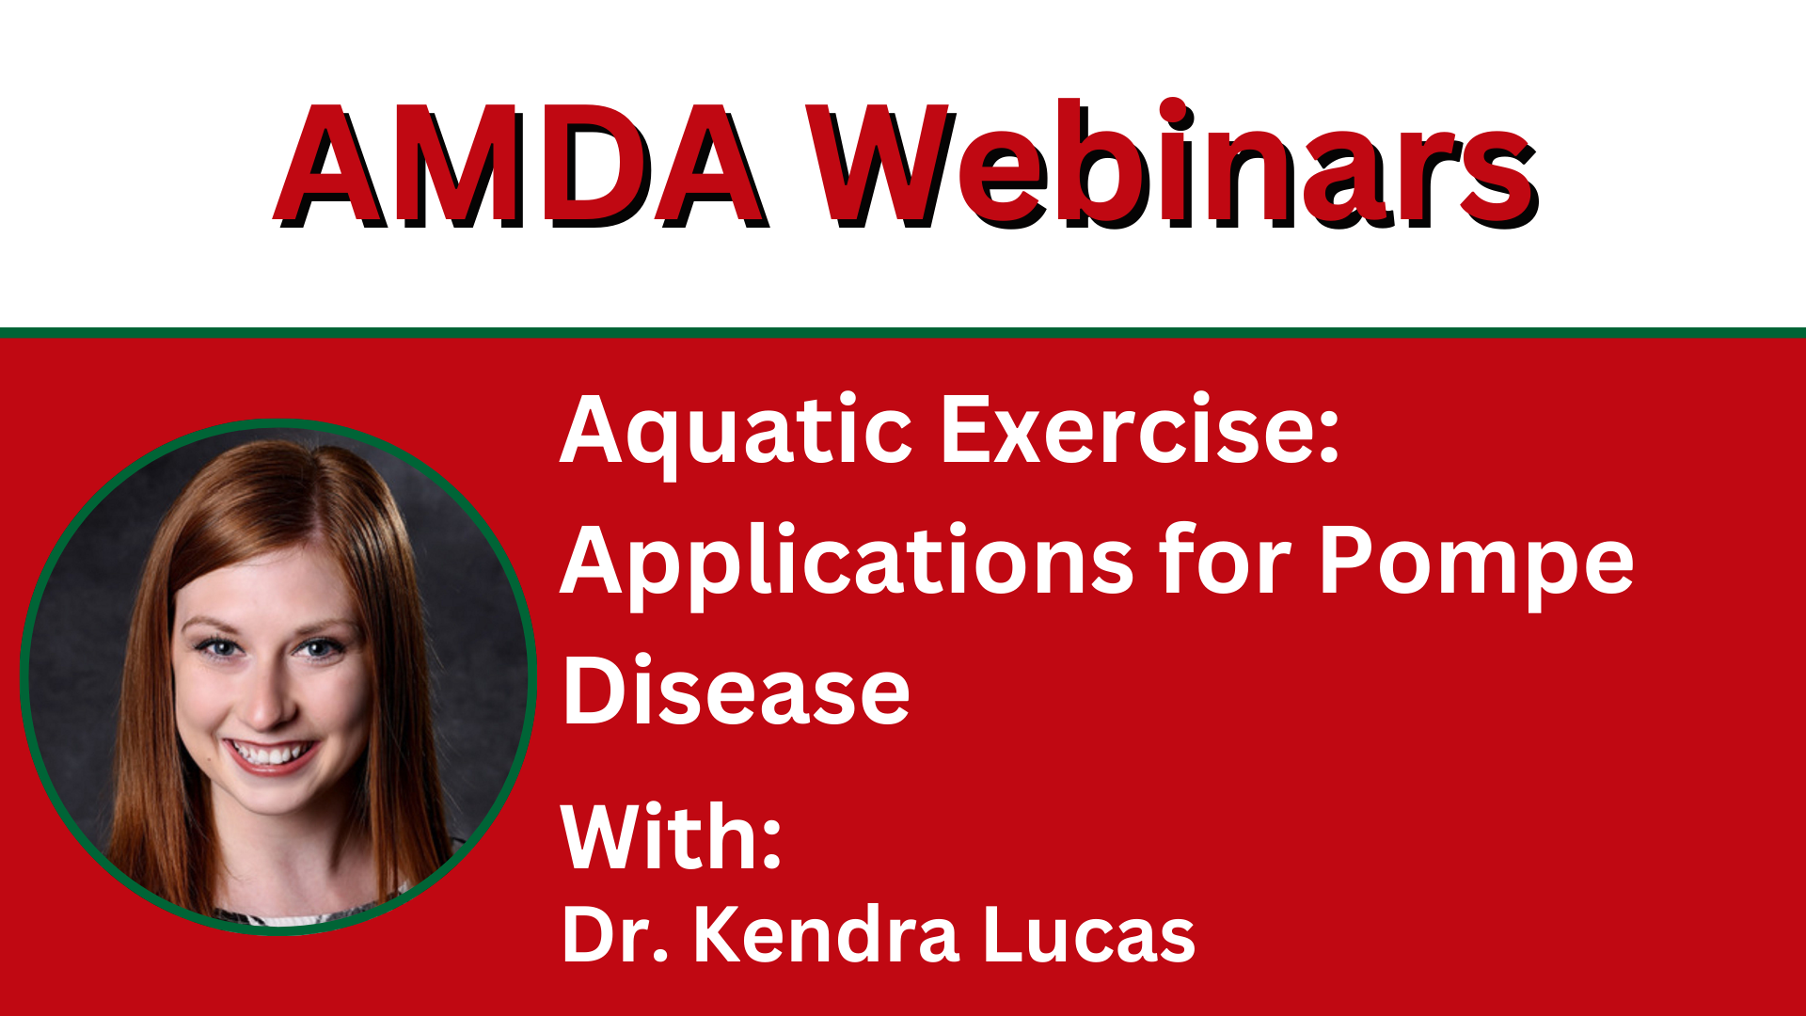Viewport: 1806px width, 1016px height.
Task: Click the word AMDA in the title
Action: pos(522,167)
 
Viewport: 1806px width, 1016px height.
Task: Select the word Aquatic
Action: pos(736,434)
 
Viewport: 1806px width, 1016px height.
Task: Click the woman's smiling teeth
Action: pos(270,754)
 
